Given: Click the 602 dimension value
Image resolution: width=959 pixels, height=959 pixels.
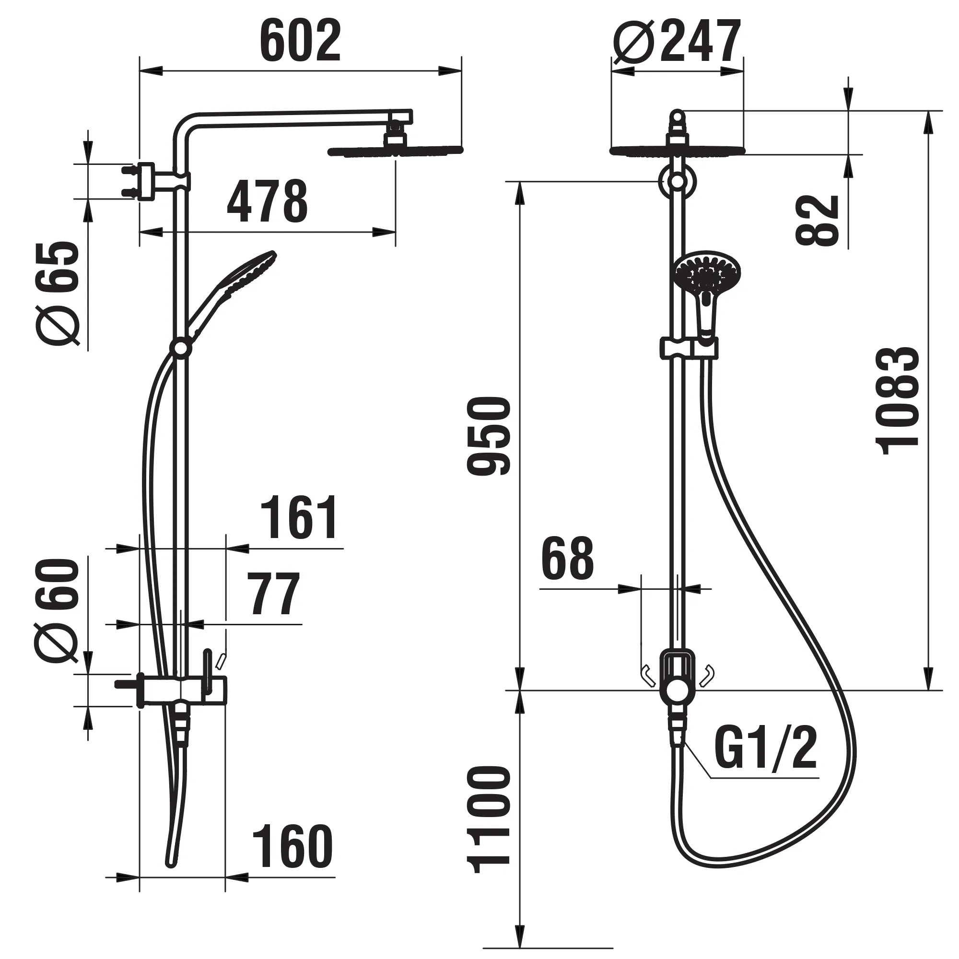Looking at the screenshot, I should (x=300, y=42).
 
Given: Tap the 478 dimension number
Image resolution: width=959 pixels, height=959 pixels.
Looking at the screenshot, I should (x=267, y=201).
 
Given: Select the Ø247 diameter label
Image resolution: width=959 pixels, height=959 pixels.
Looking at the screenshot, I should (x=677, y=42).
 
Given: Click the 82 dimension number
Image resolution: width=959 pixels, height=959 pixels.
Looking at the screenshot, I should (x=817, y=220).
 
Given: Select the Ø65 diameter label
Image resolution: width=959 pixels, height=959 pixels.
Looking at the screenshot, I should (x=58, y=293).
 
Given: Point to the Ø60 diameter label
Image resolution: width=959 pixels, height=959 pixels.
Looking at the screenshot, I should (x=57, y=610).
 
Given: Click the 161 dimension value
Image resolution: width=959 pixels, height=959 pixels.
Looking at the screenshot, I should (x=300, y=518).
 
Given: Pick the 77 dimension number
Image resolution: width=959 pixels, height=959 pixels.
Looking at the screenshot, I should (x=274, y=594).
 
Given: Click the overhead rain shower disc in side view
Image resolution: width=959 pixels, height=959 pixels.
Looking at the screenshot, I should (x=395, y=151).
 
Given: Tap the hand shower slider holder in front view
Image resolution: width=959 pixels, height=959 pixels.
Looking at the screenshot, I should (x=689, y=348).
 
